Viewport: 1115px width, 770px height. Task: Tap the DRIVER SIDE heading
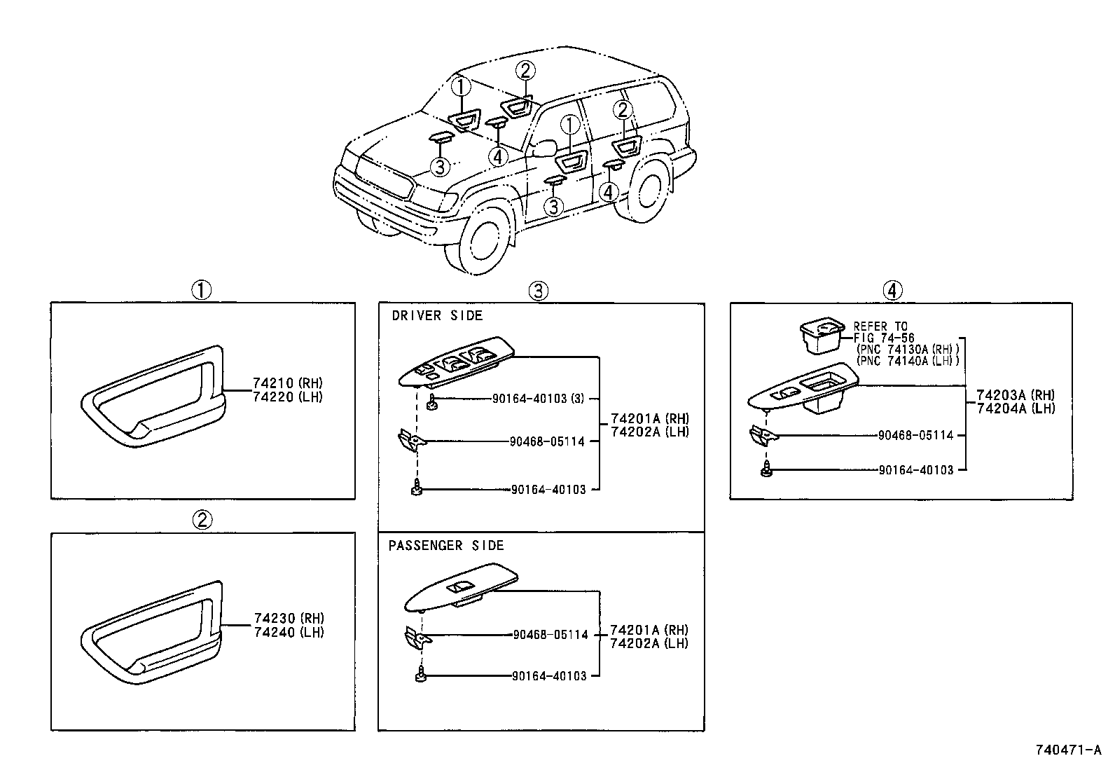click(437, 316)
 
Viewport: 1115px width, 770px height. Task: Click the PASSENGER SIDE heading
click(446, 546)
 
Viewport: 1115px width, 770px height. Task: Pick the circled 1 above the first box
click(202, 289)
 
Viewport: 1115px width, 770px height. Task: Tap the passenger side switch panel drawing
click(462, 591)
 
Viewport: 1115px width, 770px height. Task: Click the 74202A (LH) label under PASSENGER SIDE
click(649, 643)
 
